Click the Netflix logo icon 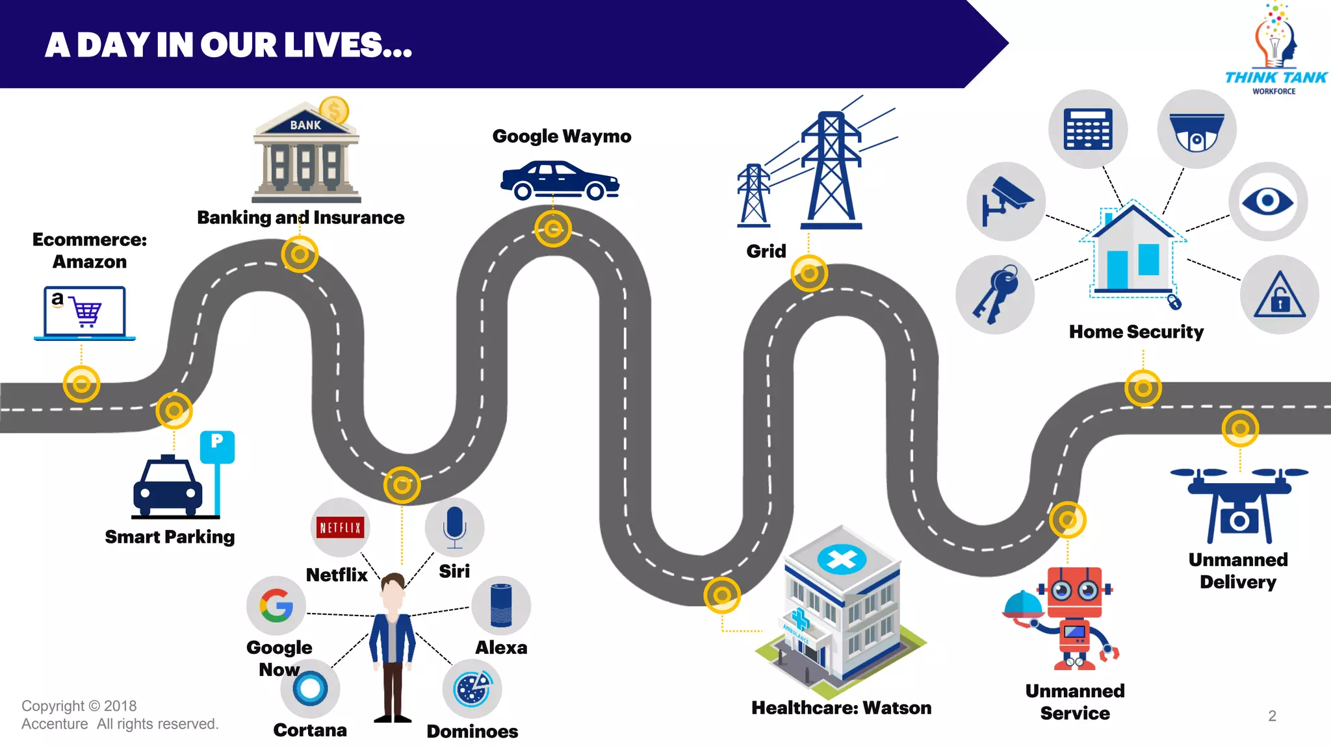[340, 527]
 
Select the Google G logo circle [276, 606]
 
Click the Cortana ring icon [310, 688]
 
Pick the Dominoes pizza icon [472, 689]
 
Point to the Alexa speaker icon [501, 605]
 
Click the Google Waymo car [560, 181]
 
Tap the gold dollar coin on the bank [334, 111]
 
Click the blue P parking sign [217, 446]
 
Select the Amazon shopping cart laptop [85, 313]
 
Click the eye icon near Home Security [1267, 201]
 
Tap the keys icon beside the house [995, 295]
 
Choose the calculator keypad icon [1088, 129]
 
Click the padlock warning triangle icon [1279, 295]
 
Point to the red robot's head [1074, 591]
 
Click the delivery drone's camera [1239, 521]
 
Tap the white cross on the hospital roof [842, 559]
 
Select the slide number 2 [1272, 716]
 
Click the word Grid [766, 251]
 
